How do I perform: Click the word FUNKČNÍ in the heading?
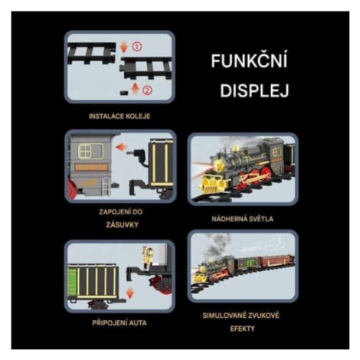(x=250, y=60)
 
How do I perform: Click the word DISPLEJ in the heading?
(x=254, y=90)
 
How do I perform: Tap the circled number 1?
(x=137, y=47)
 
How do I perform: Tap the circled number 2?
(x=148, y=90)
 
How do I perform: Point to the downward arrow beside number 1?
(x=124, y=47)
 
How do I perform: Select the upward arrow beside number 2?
(x=136, y=90)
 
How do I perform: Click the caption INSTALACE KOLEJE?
(x=119, y=116)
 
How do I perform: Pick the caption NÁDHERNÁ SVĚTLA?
(x=242, y=219)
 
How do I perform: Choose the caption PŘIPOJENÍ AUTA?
(x=119, y=323)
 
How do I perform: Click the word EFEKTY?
(x=242, y=329)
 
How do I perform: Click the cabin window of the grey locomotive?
(x=90, y=151)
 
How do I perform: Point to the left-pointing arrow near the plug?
(x=122, y=147)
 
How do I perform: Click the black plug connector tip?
(x=129, y=152)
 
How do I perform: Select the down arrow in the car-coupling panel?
(x=130, y=293)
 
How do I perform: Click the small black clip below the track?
(x=124, y=93)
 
